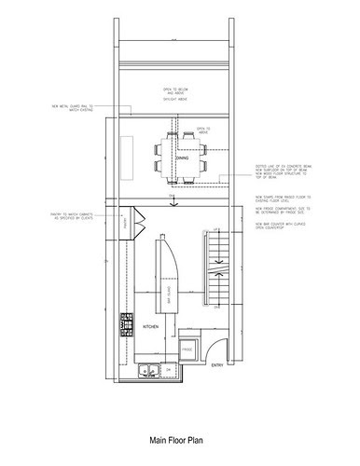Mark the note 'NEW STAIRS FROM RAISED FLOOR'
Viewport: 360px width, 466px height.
[280, 199]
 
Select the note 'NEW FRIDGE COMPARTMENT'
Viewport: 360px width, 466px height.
[280, 212]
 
